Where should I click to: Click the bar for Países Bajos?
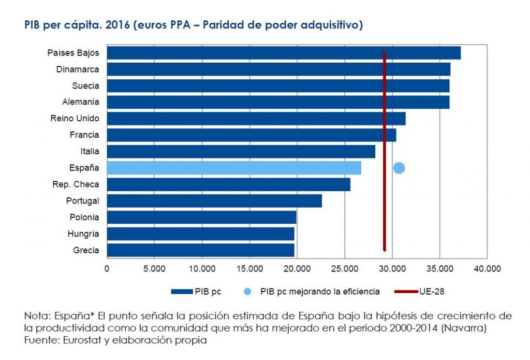pyautogui.click(x=283, y=53)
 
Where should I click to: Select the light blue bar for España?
pyautogui.click(x=233, y=168)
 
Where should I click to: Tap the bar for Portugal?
pyautogui.click(x=214, y=201)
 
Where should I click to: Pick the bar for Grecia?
pyautogui.click(x=200, y=250)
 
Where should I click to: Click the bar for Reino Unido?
pyautogui.click(x=256, y=119)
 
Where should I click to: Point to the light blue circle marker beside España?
pyautogui.click(x=399, y=168)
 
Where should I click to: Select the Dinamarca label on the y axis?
pyautogui.click(x=78, y=69)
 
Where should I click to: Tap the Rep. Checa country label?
pyautogui.click(x=76, y=184)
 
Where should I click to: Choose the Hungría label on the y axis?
pyautogui.click(x=83, y=234)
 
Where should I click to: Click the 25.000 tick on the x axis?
pyautogui.click(x=344, y=268)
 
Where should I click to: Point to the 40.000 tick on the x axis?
pyautogui.click(x=487, y=268)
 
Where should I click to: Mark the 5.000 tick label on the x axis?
pyautogui.click(x=154, y=268)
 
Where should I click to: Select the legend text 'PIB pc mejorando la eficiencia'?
pyautogui.click(x=320, y=292)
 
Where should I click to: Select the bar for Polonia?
pyautogui.click(x=201, y=218)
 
